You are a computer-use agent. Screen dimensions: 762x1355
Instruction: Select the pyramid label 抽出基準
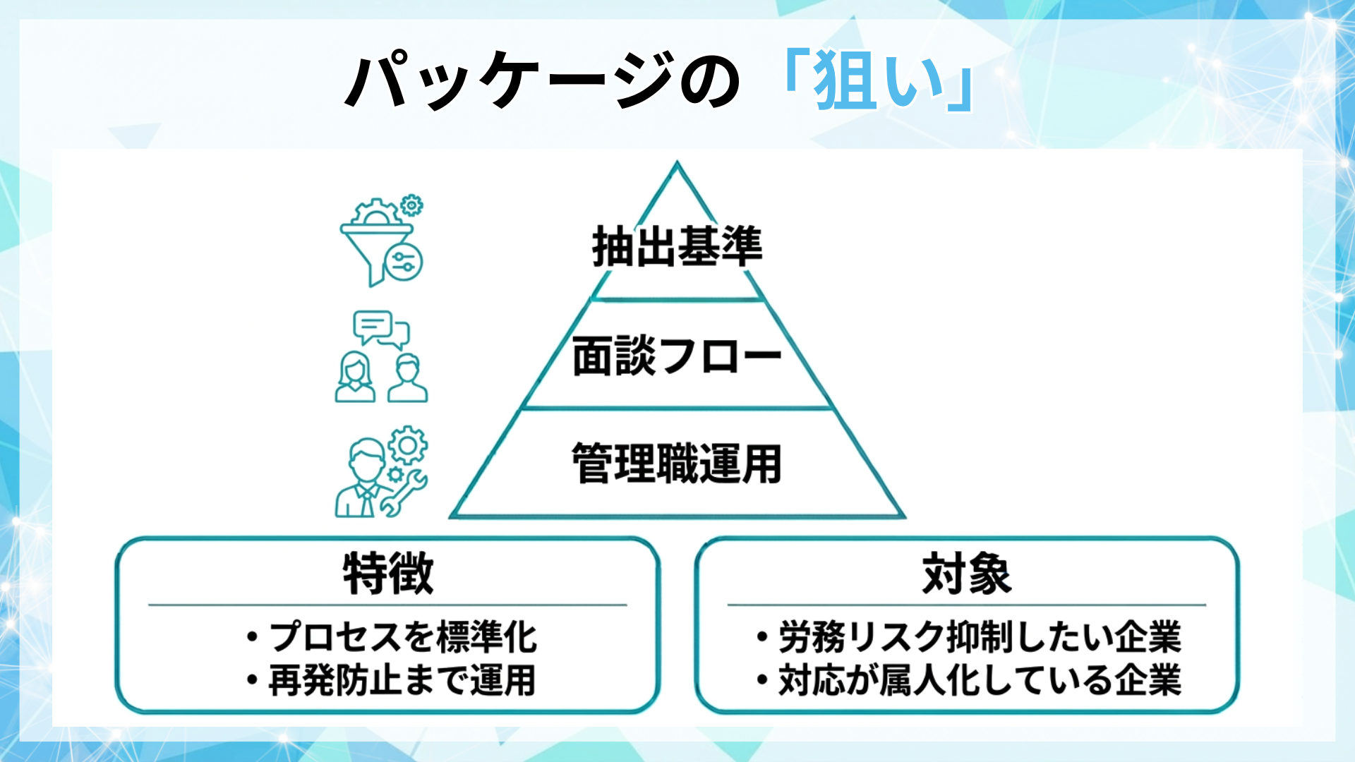677,247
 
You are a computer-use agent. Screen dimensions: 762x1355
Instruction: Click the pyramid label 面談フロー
677,356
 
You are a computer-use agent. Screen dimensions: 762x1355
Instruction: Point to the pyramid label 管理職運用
677,464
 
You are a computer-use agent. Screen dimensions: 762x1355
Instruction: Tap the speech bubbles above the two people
381,329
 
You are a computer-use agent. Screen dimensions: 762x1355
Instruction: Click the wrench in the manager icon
404,493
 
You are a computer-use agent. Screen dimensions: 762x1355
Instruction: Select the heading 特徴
387,574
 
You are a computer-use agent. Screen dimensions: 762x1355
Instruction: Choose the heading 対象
966,574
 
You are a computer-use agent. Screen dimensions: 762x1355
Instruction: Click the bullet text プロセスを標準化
402,637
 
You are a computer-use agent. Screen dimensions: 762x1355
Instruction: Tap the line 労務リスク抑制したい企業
979,637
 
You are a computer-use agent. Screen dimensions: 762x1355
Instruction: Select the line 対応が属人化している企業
979,681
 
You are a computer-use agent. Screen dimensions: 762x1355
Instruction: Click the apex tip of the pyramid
677,164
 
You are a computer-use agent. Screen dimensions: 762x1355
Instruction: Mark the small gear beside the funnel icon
411,205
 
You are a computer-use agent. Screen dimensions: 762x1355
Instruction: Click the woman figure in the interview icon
355,378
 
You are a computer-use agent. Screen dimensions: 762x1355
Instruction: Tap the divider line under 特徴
387,605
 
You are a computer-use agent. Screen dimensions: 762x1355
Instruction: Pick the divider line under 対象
966,605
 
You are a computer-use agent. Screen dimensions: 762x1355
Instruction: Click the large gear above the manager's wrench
408,445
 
